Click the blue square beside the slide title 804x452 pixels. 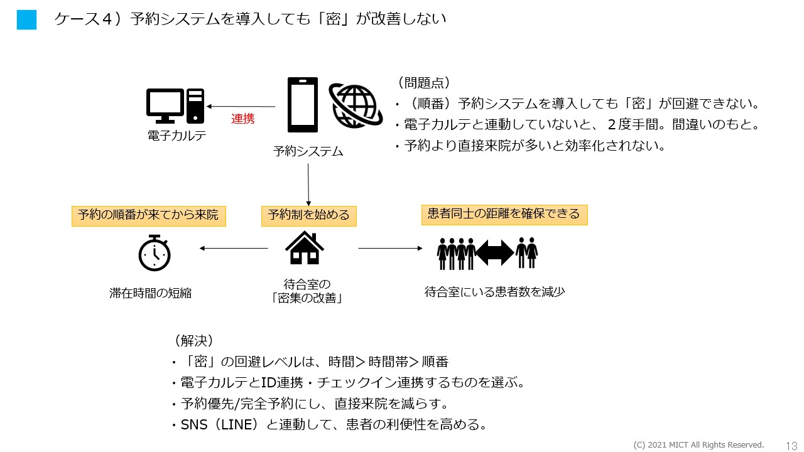pyautogui.click(x=26, y=19)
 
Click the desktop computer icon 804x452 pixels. pyautogui.click(x=175, y=105)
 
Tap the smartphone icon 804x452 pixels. pyautogui.click(x=303, y=105)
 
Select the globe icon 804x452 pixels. pyautogui.click(x=356, y=105)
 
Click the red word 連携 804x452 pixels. pyautogui.click(x=243, y=119)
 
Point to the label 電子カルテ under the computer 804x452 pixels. pyautogui.click(x=177, y=136)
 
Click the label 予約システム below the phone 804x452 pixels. pyautogui.click(x=308, y=151)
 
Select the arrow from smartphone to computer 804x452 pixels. pyautogui.click(x=242, y=107)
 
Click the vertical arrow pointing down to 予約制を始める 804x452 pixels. pyautogui.click(x=308, y=185)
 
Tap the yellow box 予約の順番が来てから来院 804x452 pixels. pyautogui.click(x=148, y=215)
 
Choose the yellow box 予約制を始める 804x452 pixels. pyautogui.click(x=308, y=215)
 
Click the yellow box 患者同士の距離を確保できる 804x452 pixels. pyautogui.click(x=504, y=214)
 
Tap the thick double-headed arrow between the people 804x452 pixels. pyautogui.click(x=495, y=252)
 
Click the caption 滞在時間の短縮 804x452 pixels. pyautogui.click(x=151, y=293)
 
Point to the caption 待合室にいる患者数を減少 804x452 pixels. pyautogui.click(x=495, y=291)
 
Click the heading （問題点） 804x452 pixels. pyautogui.click(x=424, y=83)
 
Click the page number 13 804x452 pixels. pyautogui.click(x=791, y=445)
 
